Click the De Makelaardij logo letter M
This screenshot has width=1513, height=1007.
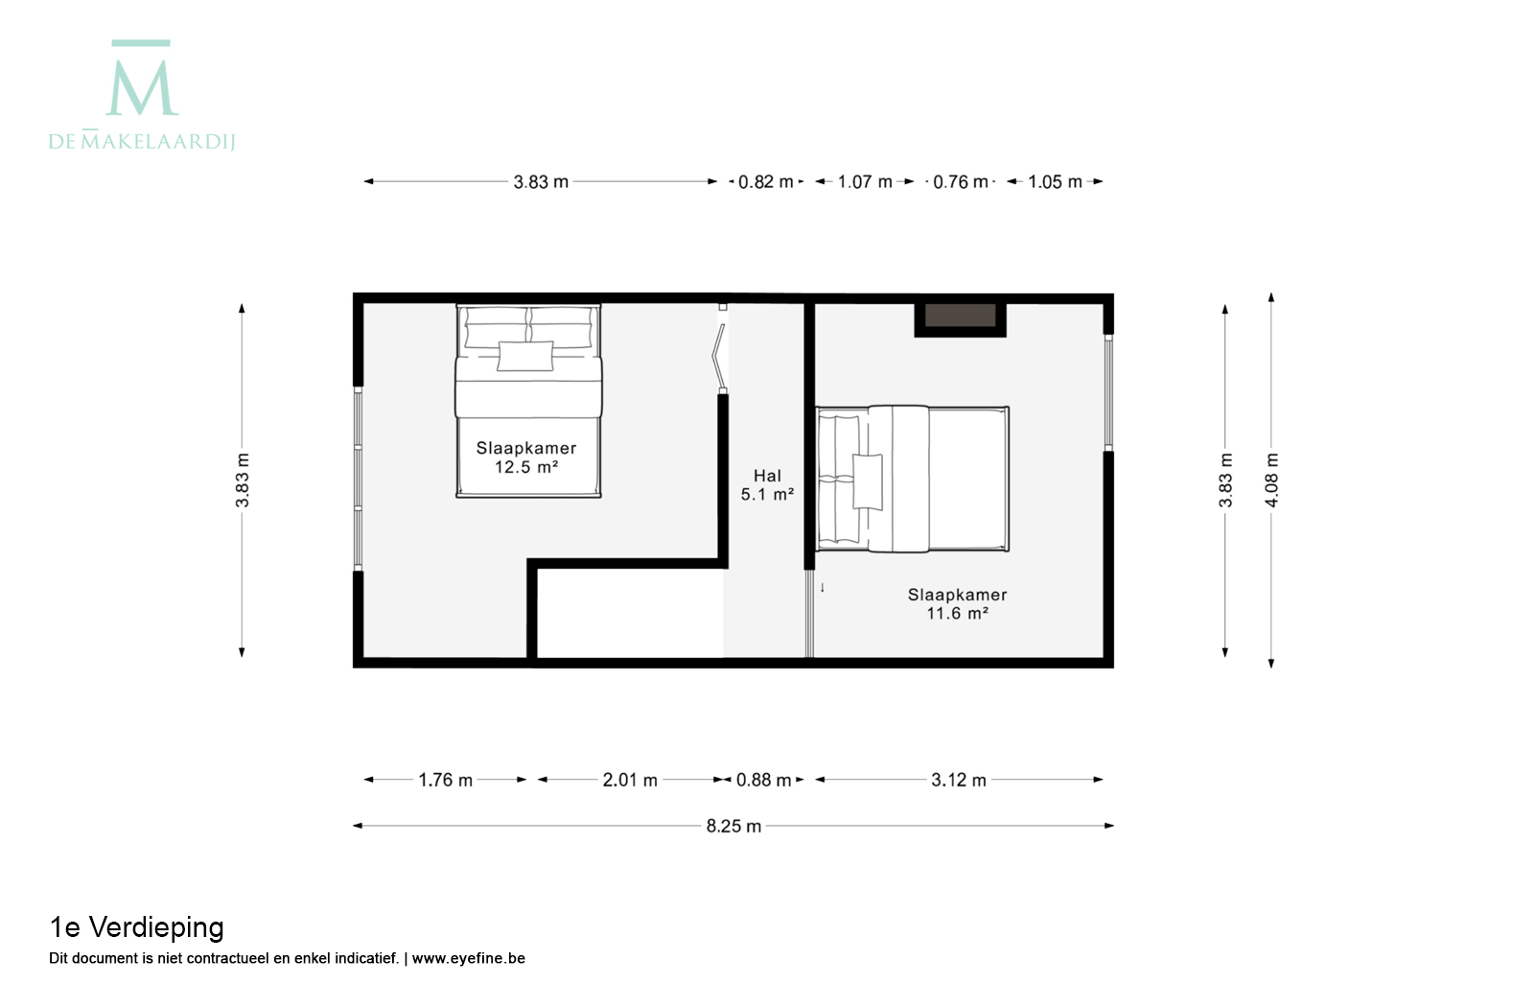click(x=142, y=88)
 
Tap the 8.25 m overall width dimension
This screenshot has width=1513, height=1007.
click(x=733, y=826)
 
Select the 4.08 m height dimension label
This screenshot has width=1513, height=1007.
click(x=1272, y=480)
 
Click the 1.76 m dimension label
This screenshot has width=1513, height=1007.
click(x=445, y=780)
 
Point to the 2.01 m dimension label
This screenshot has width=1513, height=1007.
click(x=630, y=780)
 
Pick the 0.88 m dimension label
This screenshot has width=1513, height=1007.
click(x=763, y=780)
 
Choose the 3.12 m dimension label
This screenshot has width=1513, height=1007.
click(x=959, y=780)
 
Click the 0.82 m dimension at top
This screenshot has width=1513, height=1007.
click(x=765, y=182)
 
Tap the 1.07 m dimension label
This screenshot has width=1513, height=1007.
click(x=865, y=182)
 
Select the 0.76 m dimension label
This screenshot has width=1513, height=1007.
click(x=960, y=182)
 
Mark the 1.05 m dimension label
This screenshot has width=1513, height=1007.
click(x=1055, y=182)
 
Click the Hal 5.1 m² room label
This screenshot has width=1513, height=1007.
click(x=767, y=485)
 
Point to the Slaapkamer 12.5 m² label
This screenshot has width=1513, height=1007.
click(x=526, y=457)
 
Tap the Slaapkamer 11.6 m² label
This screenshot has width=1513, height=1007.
click(x=957, y=604)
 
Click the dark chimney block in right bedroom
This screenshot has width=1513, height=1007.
click(x=960, y=316)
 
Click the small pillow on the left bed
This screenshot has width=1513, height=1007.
click(x=525, y=356)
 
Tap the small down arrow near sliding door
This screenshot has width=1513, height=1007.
click(x=823, y=588)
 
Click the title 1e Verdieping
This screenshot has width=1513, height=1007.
click(x=136, y=927)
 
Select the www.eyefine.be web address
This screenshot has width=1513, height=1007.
click(x=469, y=958)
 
